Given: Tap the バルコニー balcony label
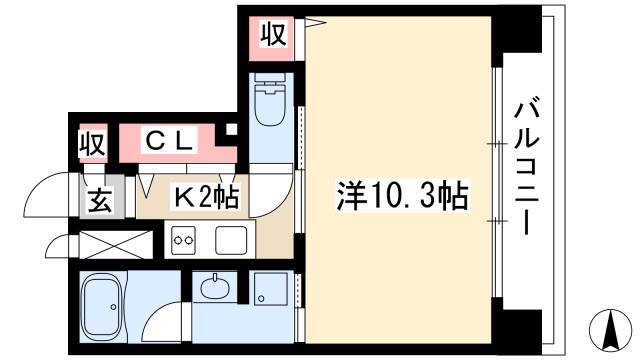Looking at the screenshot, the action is point(527,169).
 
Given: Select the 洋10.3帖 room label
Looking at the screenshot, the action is point(402,196).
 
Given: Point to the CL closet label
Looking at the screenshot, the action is point(169,141).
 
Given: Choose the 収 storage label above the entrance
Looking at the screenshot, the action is point(93,143).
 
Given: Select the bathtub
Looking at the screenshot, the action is point(103,306).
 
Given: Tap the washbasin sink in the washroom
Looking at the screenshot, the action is point(214,287).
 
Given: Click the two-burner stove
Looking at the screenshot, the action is point(183,240).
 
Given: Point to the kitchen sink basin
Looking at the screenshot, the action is point(231,240).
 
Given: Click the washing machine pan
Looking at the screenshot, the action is point(270,289).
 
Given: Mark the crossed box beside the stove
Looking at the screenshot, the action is point(116,245).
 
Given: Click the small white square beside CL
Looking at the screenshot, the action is point(231,129).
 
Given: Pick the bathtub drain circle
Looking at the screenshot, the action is point(113,306).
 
